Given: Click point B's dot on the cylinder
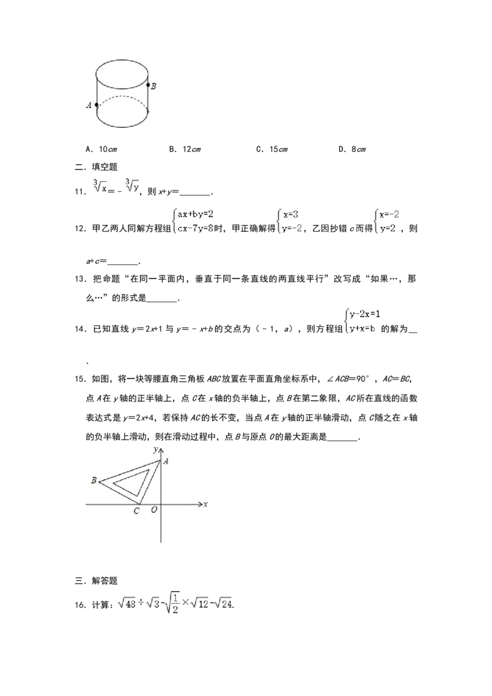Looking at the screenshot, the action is pos(148,84).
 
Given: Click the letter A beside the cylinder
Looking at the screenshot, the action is pos(89,105).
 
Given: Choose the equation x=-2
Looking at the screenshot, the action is pos(389,214).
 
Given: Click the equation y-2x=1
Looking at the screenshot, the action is pos(365,314).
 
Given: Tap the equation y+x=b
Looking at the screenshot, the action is pos(363,328).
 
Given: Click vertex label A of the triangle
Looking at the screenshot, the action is pos(166,461).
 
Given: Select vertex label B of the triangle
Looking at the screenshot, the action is pos(93,480).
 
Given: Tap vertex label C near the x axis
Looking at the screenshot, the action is pos(137,511).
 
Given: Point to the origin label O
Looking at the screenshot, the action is pos(154,510).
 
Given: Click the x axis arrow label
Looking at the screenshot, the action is pos(205,504).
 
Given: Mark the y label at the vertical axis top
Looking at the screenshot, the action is pos(155,449).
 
